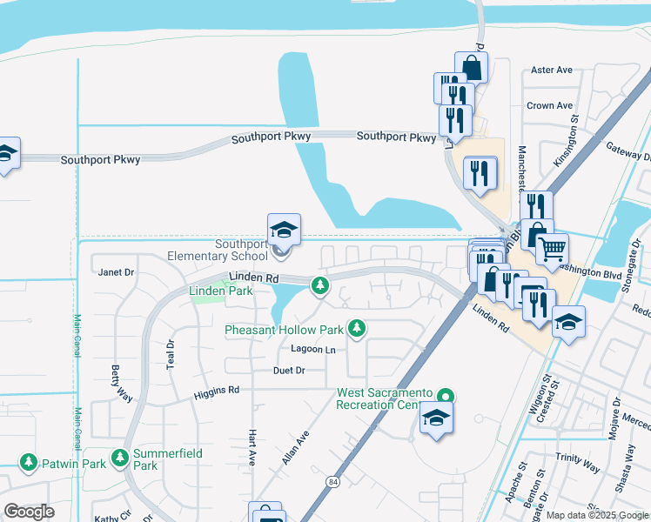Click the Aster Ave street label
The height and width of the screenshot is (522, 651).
point(552,70)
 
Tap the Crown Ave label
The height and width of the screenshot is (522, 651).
point(549,106)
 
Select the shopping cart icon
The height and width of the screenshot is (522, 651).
point(551,250)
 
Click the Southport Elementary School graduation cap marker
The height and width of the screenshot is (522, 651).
point(284,231)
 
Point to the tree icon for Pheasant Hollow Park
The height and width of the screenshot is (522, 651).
point(356,328)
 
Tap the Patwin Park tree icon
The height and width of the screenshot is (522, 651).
point(29,462)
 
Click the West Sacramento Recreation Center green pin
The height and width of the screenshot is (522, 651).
point(446,394)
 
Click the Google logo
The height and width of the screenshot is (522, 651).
point(29,512)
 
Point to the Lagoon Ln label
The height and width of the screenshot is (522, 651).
point(312,350)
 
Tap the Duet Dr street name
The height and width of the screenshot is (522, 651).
point(289,370)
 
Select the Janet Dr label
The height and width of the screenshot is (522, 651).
point(117,271)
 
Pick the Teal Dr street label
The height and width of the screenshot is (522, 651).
point(171,355)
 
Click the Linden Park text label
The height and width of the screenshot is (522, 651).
point(221,291)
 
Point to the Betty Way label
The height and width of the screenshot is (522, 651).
point(121,383)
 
